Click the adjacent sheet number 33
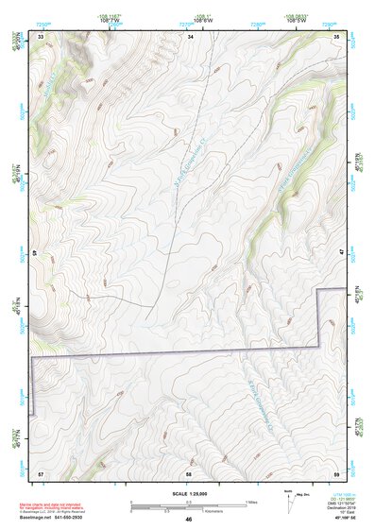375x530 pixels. point(41,36)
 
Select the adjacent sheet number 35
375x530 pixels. point(336,36)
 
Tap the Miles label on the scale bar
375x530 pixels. point(251,501)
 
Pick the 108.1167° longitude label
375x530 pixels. point(110,15)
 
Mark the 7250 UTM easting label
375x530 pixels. point(43,24)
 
